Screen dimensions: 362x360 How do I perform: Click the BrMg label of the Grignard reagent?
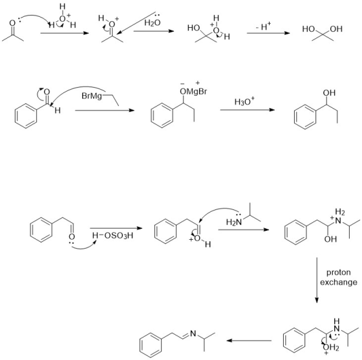[x=92, y=96]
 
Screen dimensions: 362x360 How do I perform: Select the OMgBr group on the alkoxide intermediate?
[x=193, y=92]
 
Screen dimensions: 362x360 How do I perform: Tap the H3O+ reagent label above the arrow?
[x=244, y=101]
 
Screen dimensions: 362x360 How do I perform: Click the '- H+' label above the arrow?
[x=264, y=26]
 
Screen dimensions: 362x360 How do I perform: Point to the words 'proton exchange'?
[x=339, y=277]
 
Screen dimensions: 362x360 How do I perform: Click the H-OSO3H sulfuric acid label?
[x=112, y=236]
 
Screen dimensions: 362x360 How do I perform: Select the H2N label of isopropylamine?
[x=234, y=222]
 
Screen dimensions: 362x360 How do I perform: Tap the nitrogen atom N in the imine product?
[x=193, y=334]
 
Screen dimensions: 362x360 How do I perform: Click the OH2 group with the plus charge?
[x=331, y=348]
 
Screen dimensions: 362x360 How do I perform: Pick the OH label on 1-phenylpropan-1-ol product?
[x=329, y=93]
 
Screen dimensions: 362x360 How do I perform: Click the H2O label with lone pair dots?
[x=153, y=21]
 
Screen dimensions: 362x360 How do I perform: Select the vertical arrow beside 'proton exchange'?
[x=317, y=280]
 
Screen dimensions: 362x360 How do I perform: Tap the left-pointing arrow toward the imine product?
[x=249, y=341]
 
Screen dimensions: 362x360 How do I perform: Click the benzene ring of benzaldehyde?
[x=26, y=116]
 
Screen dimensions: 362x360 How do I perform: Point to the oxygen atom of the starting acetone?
[x=12, y=23]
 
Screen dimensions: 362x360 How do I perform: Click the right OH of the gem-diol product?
[x=336, y=29]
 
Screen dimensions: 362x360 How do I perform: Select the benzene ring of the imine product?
[x=151, y=345]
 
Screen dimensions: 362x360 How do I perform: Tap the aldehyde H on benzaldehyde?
[x=58, y=111]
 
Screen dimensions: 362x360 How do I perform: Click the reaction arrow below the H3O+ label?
[x=247, y=110]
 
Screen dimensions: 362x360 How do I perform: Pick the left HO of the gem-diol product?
[x=308, y=29]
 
